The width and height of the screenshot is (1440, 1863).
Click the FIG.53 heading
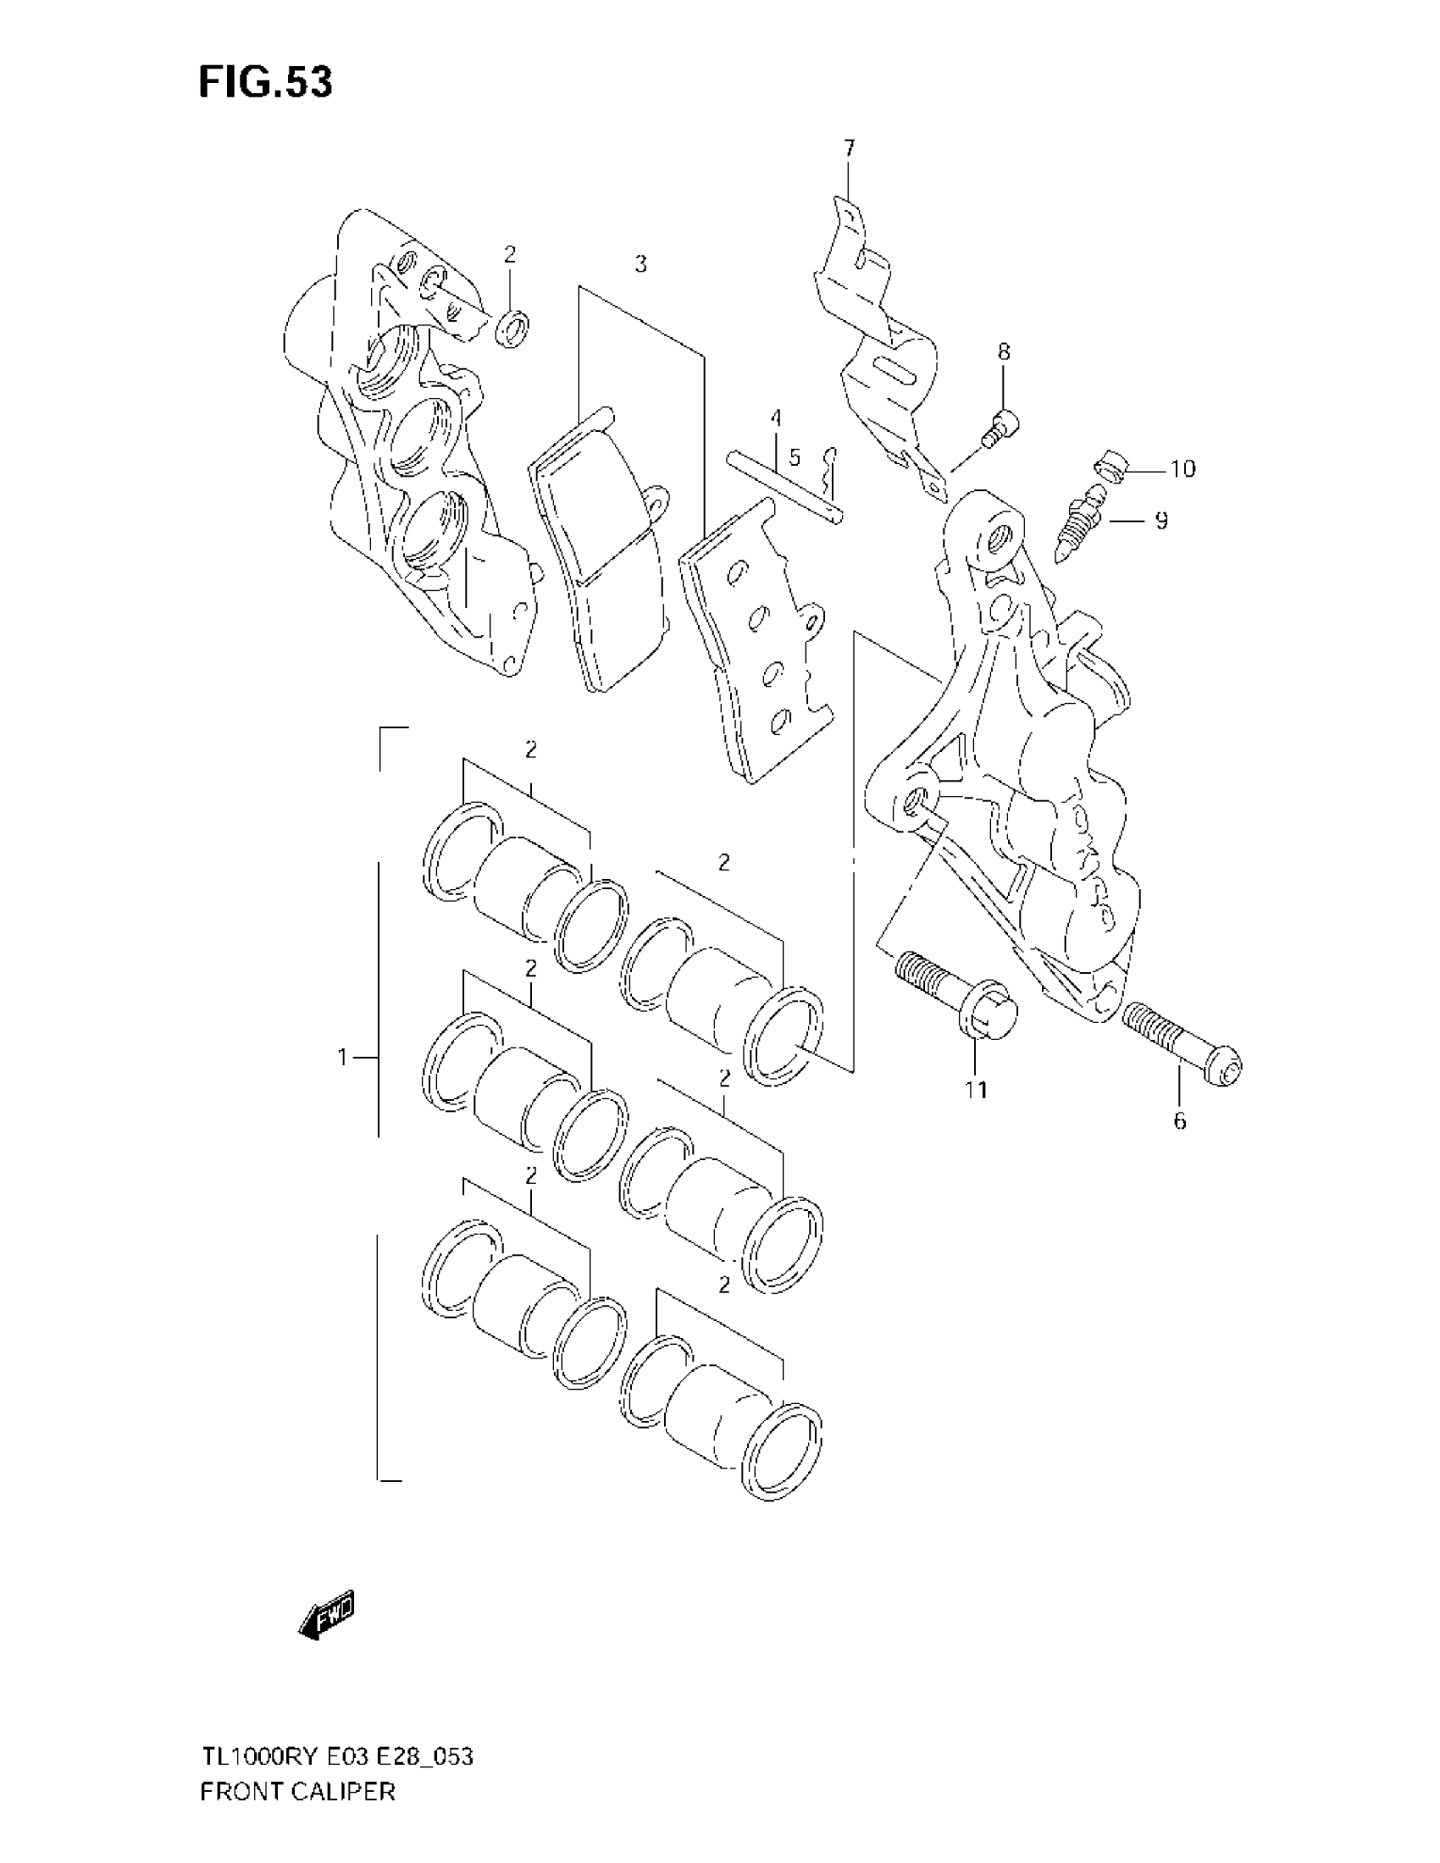(x=265, y=83)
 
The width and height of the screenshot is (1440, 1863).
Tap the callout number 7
(x=849, y=148)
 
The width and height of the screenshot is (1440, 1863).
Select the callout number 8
(x=1004, y=351)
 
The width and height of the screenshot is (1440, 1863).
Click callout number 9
(x=1161, y=519)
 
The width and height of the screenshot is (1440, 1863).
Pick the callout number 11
(x=976, y=1089)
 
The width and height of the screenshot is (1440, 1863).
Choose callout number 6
(x=1180, y=1121)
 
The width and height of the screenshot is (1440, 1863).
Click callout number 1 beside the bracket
(x=342, y=1058)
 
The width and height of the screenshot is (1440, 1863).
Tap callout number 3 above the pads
(x=640, y=264)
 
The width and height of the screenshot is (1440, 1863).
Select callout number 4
(x=775, y=418)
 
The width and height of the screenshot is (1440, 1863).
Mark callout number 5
(x=795, y=458)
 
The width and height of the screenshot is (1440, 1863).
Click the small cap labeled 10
(x=1110, y=467)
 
